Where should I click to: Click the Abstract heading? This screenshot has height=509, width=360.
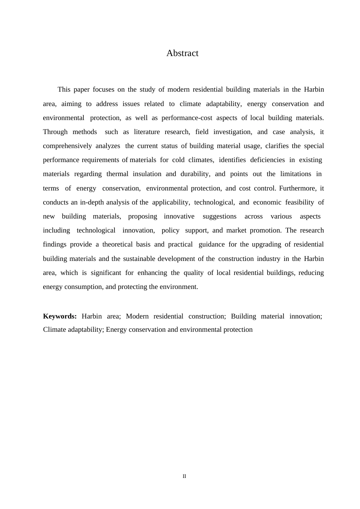point(182,53)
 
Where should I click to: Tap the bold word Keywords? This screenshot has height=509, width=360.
point(60,316)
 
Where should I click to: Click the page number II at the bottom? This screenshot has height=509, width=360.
point(185,476)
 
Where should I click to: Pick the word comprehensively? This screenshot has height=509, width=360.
point(67,146)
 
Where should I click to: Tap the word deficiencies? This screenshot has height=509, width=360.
point(268,160)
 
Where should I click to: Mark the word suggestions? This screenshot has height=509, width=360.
point(219,217)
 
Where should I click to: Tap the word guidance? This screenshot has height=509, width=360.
point(211,245)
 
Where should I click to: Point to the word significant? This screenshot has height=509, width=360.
point(106,273)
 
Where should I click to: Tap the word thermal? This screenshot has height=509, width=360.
point(117,174)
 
